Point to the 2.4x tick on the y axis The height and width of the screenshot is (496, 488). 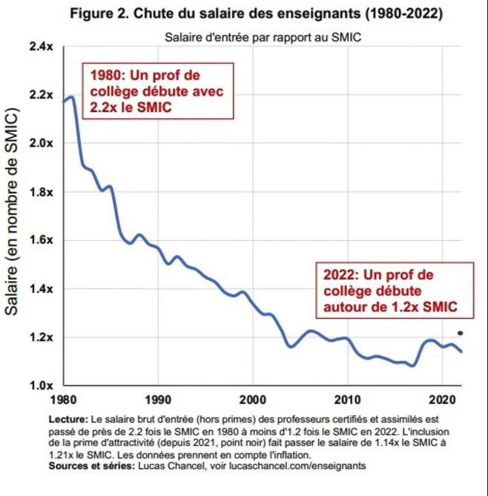tap(40, 47)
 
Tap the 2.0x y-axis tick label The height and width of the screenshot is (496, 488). tap(40, 143)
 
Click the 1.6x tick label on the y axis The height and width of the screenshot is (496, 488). tap(40, 240)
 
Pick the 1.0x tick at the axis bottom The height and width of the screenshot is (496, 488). tap(40, 386)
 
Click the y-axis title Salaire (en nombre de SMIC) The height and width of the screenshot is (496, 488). tap(12, 216)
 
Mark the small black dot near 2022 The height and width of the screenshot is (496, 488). tap(460, 333)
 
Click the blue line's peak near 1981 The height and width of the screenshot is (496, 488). tap(72, 97)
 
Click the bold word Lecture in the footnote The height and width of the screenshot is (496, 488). tap(67, 419)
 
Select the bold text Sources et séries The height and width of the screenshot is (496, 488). tap(89, 466)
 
